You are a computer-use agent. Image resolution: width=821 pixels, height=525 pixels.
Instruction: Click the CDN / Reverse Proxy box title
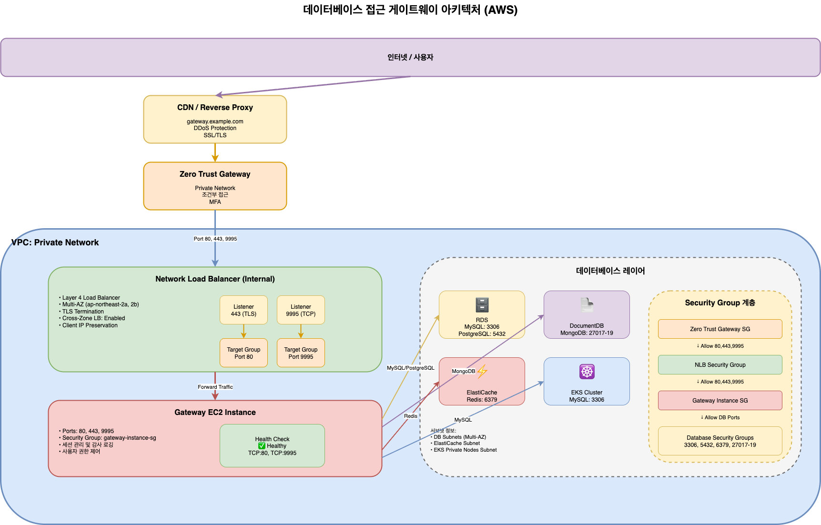pyautogui.click(x=215, y=108)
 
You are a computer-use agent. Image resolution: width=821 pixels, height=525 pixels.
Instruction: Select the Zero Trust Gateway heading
pyautogui.click(x=215, y=174)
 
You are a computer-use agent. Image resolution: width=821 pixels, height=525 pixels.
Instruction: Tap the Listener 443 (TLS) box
pyautogui.click(x=243, y=310)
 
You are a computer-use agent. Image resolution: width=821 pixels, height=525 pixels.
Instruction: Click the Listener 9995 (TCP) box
pyautogui.click(x=301, y=310)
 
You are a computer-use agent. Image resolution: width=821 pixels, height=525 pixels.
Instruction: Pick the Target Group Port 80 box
pyautogui.click(x=243, y=353)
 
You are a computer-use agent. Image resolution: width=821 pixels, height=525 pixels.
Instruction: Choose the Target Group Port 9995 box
pyautogui.click(x=301, y=353)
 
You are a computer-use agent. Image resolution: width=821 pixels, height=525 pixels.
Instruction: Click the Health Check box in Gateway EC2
pyautogui.click(x=272, y=445)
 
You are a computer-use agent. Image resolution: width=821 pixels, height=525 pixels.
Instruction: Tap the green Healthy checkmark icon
pyautogui.click(x=262, y=446)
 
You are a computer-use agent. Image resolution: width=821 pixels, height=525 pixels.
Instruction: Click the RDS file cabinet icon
pyautogui.click(x=482, y=305)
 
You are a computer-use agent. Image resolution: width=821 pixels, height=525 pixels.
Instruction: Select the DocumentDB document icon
pyautogui.click(x=587, y=305)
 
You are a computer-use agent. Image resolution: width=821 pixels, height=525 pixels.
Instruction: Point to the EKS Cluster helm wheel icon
pyautogui.click(x=587, y=372)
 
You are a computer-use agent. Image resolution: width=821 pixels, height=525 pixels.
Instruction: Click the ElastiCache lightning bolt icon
pyautogui.click(x=482, y=371)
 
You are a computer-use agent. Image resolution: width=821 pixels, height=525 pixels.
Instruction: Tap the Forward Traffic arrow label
pyautogui.click(x=215, y=387)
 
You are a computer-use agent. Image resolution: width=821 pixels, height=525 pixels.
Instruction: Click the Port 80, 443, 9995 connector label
pyautogui.click(x=215, y=239)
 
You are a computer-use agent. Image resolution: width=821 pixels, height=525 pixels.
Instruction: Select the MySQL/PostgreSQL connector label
pyautogui.click(x=410, y=368)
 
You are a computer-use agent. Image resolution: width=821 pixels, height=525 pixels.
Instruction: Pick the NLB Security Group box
pyautogui.click(x=720, y=365)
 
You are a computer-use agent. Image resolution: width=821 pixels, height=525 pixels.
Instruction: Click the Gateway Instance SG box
pyautogui.click(x=720, y=401)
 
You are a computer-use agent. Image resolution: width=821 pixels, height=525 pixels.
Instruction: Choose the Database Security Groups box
pyautogui.click(x=720, y=441)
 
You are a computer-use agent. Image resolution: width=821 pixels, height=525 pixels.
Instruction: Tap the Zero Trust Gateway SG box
pyautogui.click(x=720, y=329)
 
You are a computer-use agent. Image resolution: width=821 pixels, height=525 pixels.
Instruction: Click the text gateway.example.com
pyautogui.click(x=215, y=121)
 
